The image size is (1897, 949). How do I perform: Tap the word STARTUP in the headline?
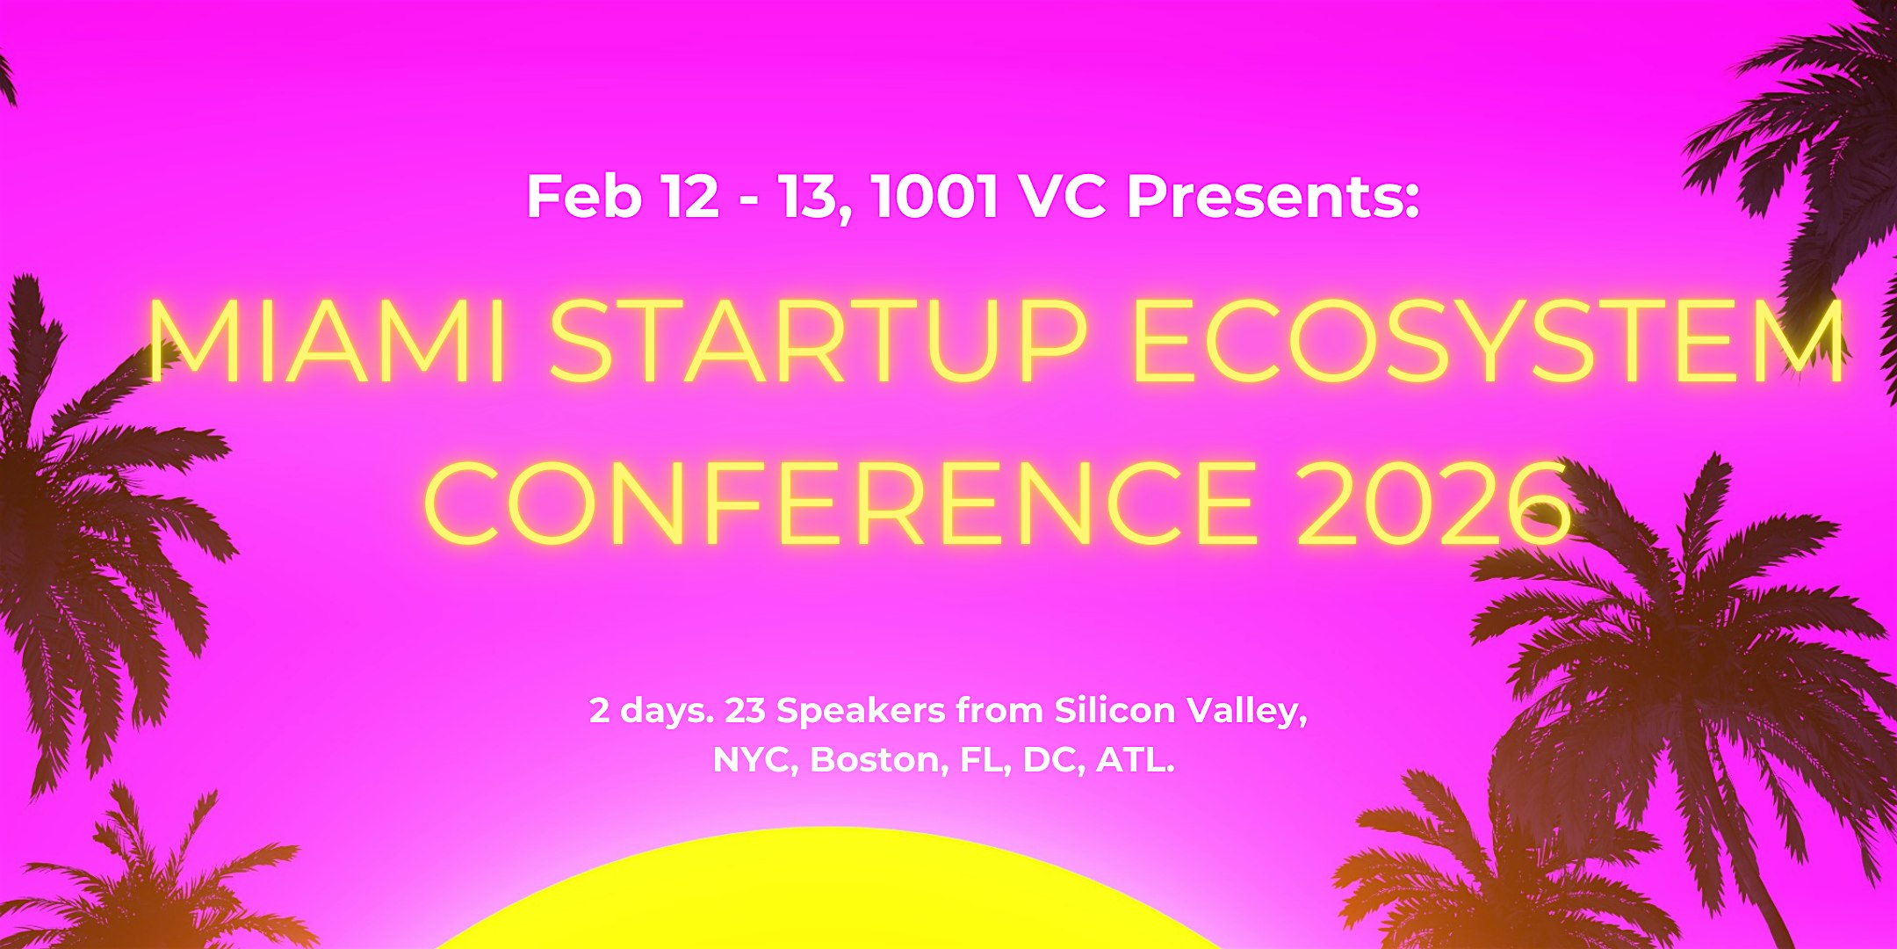[x=818, y=342]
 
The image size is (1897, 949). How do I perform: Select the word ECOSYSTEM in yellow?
[x=1489, y=342]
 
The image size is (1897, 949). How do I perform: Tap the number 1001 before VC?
[x=936, y=197]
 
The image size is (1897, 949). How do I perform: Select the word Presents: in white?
[x=1273, y=197]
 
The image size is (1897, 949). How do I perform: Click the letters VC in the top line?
[x=1064, y=197]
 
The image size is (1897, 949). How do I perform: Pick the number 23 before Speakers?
[x=745, y=710]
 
